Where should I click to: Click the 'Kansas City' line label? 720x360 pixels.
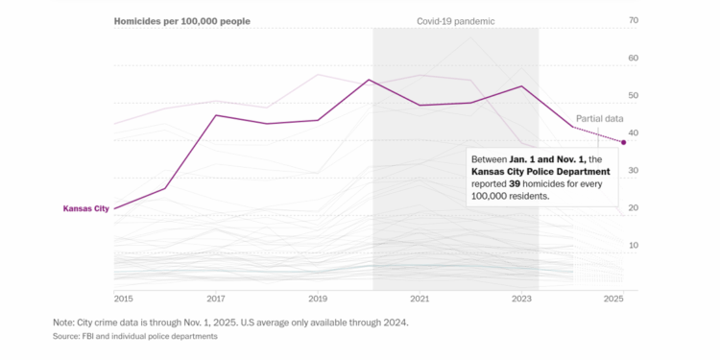point(84,208)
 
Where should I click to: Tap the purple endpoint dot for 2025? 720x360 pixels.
point(624,142)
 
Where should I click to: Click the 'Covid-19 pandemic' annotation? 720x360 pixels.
point(455,21)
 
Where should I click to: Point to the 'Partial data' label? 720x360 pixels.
point(599,118)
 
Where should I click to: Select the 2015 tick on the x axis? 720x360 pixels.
point(123,300)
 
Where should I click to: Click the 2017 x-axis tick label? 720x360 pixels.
point(216,300)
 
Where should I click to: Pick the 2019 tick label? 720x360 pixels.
point(318,300)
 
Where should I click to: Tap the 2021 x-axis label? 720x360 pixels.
point(420,300)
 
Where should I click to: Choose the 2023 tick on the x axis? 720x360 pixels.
point(521,300)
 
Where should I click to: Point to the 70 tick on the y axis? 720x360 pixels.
point(633,20)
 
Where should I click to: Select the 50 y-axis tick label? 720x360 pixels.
point(633,96)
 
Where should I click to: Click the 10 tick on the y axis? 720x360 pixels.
point(633,246)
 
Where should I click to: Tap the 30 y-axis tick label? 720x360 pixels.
point(633,171)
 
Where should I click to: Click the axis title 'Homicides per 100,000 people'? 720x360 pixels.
point(182,21)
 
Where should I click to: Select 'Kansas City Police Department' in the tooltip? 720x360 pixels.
point(540,171)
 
